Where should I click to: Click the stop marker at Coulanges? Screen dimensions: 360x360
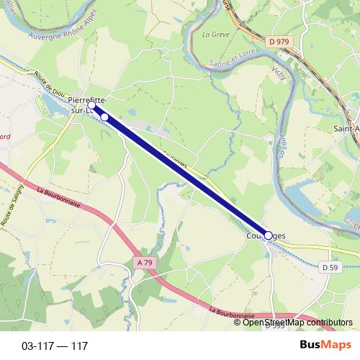[269, 235]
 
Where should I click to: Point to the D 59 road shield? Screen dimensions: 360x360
[330, 267]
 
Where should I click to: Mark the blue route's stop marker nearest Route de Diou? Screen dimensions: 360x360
[91, 105]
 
